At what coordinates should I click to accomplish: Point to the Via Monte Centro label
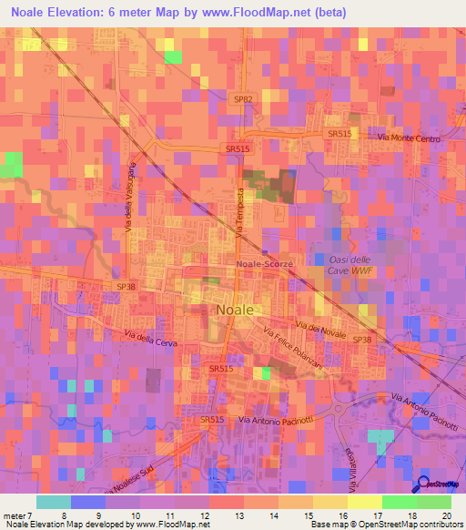pyautogui.click(x=409, y=138)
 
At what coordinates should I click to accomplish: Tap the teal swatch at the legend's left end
pyautogui.click(x=54, y=502)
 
